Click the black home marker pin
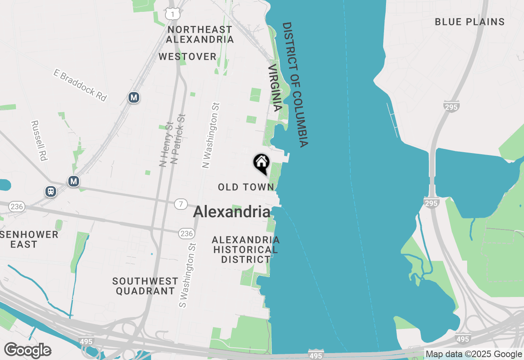[x=261, y=164]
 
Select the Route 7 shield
[x=181, y=204]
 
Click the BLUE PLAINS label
[x=470, y=22]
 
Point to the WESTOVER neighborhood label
[x=187, y=56]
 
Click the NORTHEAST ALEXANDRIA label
[x=200, y=34]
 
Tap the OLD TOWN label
[x=246, y=187]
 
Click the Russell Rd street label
[x=40, y=140]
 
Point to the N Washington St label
[x=211, y=135]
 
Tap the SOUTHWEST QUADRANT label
[x=145, y=286]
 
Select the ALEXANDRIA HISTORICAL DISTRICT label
[x=246, y=250]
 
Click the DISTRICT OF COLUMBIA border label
[x=295, y=85]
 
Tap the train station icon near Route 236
[x=51, y=191]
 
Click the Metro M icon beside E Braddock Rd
[x=133, y=97]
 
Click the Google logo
[x=27, y=350]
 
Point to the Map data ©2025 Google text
[x=474, y=354]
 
